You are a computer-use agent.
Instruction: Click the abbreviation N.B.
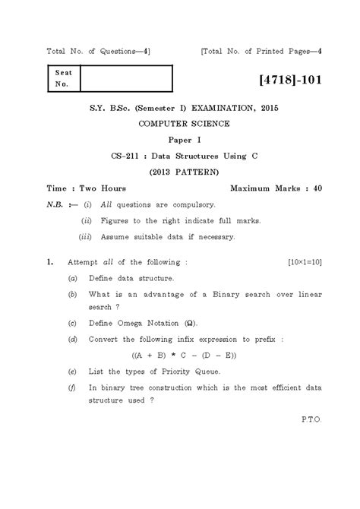(x=58, y=204)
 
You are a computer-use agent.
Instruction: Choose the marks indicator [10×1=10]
(x=305, y=263)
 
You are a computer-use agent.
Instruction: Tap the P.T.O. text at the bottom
(x=311, y=419)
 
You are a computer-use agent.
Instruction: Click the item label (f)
(x=72, y=387)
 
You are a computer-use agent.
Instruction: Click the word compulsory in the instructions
(x=193, y=204)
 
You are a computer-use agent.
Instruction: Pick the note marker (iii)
(x=87, y=236)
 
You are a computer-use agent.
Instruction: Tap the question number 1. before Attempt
(x=49, y=263)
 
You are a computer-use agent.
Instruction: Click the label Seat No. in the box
(x=60, y=79)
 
